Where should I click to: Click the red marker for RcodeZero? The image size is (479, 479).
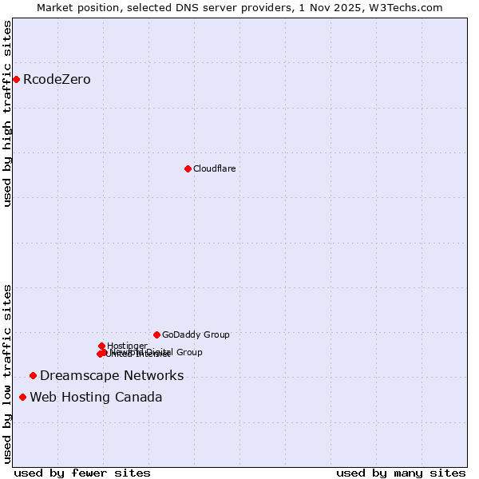tap(16, 79)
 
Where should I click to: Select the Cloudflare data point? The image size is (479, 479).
tap(188, 168)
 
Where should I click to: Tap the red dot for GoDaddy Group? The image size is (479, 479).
tap(156, 335)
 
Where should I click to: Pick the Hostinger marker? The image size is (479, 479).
tap(101, 346)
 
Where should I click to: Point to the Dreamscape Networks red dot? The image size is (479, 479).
tap(33, 375)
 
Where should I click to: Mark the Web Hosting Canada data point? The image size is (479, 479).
tap(22, 397)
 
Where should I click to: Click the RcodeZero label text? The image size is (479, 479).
tap(57, 79)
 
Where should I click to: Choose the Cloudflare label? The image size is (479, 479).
tap(214, 168)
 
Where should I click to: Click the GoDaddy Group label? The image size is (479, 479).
tap(196, 335)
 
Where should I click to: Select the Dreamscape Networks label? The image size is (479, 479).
tap(112, 375)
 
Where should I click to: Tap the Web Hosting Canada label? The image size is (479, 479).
tap(96, 397)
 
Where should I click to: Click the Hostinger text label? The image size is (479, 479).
tap(127, 346)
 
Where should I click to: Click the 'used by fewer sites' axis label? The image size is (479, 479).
tap(82, 473)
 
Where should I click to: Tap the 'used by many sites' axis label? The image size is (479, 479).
tap(400, 473)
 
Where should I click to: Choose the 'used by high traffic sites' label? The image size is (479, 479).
tap(8, 113)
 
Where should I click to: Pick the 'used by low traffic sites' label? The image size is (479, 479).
tap(8, 373)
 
